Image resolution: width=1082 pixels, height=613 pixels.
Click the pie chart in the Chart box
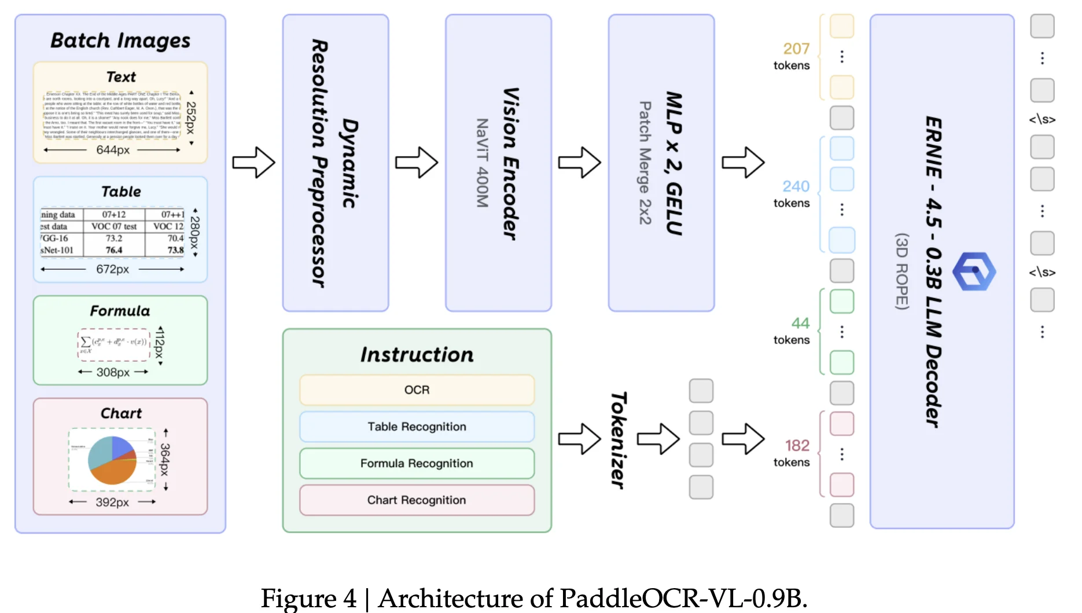click(x=112, y=460)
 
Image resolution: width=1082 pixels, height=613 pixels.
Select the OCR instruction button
click(x=417, y=390)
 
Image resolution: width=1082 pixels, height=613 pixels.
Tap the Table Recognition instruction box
click(x=417, y=427)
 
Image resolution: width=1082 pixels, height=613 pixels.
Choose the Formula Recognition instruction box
click(x=417, y=463)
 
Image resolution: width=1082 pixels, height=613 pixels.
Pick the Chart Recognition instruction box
click(x=417, y=500)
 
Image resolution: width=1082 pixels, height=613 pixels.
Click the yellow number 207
click(x=796, y=49)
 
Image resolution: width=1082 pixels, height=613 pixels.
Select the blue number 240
click(x=796, y=186)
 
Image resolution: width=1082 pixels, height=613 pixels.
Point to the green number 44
click(x=800, y=323)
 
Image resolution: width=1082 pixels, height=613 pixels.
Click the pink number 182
click(x=797, y=445)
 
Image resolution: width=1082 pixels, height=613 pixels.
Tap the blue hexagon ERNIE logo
click(x=974, y=271)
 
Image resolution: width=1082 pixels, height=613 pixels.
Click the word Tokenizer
click(x=618, y=440)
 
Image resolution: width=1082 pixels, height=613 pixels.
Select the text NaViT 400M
click(x=482, y=163)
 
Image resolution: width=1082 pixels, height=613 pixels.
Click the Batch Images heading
click(x=120, y=41)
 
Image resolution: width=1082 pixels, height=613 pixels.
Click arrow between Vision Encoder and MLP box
click(x=579, y=162)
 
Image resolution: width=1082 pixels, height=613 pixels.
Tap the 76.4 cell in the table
click(x=114, y=250)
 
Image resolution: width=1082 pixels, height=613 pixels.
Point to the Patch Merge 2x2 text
click(x=645, y=163)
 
